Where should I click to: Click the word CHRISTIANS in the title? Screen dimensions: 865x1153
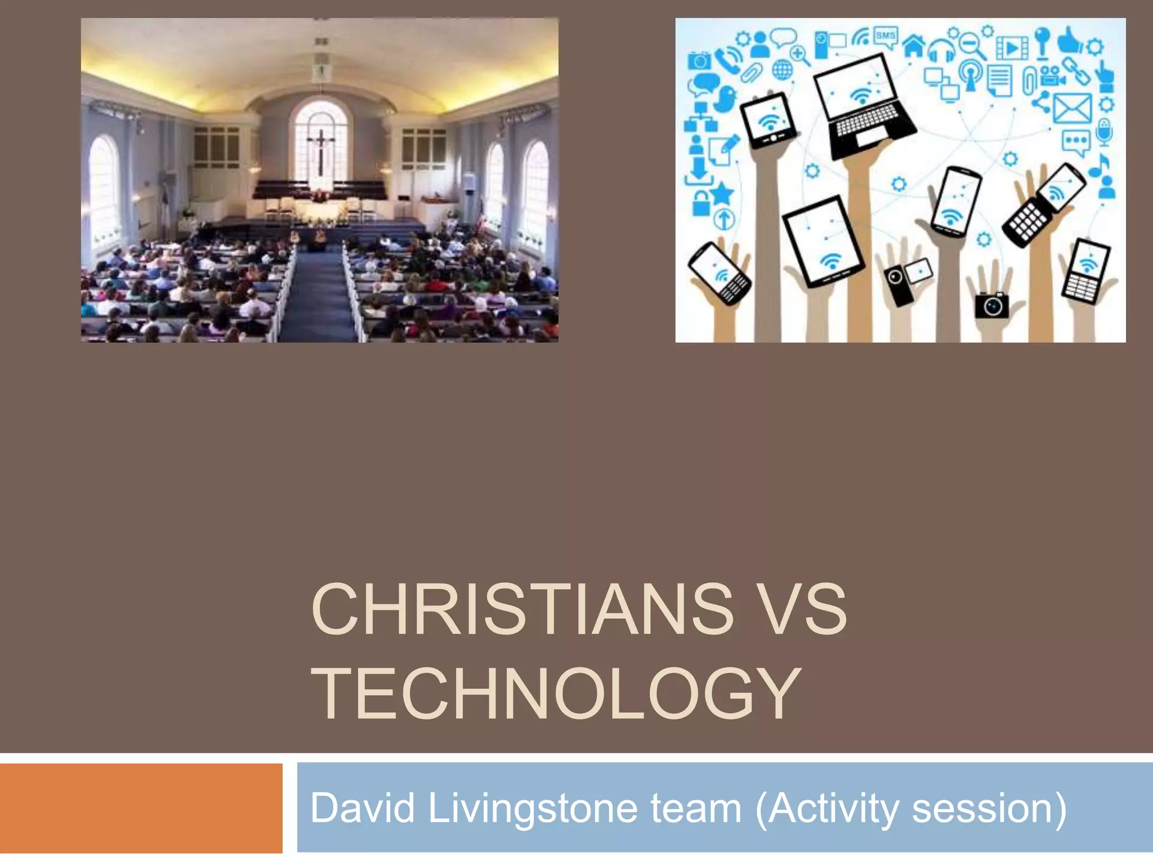(522, 609)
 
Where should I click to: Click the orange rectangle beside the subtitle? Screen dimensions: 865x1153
(141, 808)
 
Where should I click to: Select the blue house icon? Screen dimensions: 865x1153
(914, 45)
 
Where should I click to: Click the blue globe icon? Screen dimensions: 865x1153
(782, 70)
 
